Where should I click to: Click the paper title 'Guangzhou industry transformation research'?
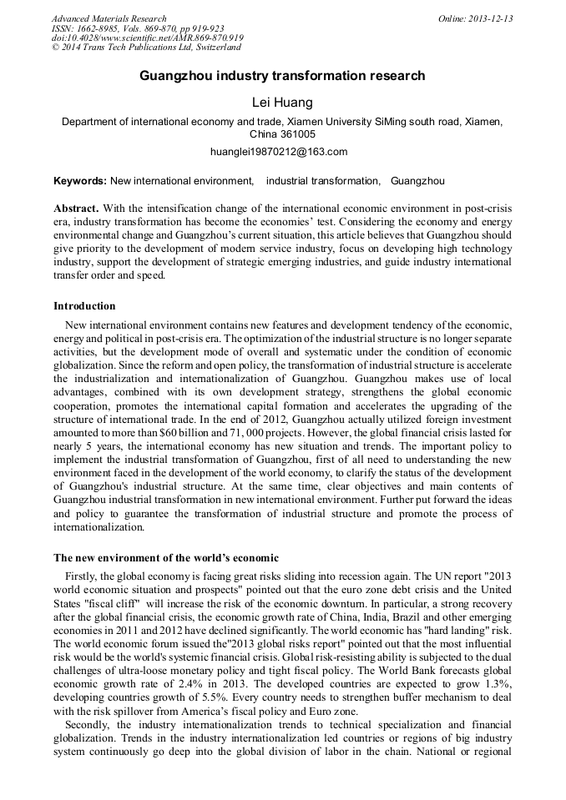tap(282, 76)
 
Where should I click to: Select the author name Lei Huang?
tap(282, 103)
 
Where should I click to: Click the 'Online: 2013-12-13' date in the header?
tap(475, 18)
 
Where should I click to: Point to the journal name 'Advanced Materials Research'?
tap(109, 18)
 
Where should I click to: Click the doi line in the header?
tap(147, 38)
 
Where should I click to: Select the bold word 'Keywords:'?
tap(80, 181)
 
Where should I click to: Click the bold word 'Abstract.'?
tap(77, 208)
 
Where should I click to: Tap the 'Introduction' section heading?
tap(84, 306)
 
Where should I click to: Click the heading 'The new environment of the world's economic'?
tap(166, 557)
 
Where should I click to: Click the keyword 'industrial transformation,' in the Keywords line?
tap(322, 181)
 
